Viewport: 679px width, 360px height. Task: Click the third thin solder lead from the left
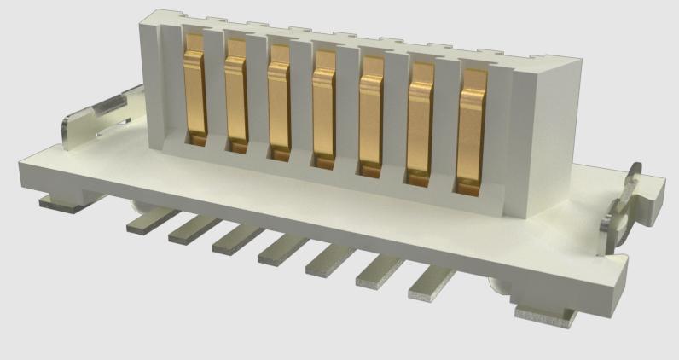(x=237, y=239)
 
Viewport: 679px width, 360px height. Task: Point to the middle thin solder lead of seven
(x=282, y=248)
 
